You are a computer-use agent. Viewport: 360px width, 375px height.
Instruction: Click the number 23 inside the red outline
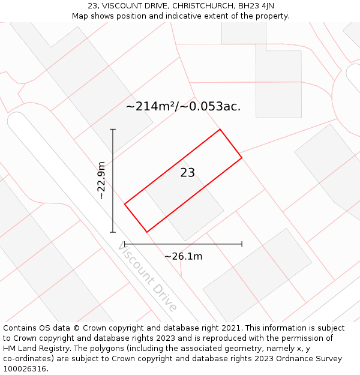point(188,173)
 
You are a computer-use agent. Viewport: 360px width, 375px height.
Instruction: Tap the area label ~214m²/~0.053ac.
point(183,107)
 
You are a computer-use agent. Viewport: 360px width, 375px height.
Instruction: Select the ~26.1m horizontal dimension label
point(183,257)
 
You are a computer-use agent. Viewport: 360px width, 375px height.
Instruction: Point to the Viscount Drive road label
point(148,277)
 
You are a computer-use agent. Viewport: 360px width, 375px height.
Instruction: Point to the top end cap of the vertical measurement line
point(113,129)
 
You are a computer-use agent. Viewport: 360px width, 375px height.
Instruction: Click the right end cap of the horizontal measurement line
point(242,244)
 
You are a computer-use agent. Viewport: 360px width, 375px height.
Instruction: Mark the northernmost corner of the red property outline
point(220,129)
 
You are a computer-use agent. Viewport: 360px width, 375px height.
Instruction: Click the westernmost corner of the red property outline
point(125,205)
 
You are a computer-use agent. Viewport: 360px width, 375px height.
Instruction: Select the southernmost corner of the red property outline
point(146,232)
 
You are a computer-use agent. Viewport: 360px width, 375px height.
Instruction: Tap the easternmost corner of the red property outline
point(242,158)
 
